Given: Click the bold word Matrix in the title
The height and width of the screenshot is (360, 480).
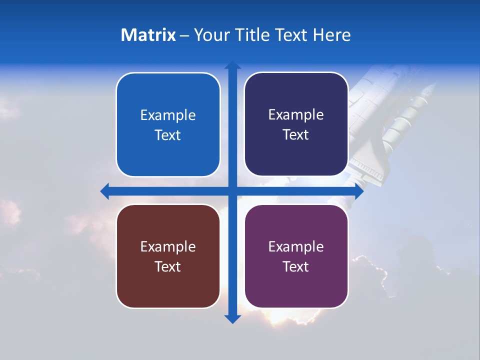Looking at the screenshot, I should pos(148,35).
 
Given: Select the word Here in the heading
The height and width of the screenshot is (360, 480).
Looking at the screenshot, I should pos(332,35).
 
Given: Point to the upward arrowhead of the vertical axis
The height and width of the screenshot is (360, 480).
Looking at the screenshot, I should pos(232,65).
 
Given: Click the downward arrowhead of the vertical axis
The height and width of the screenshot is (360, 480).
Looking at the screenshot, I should pos(232,318).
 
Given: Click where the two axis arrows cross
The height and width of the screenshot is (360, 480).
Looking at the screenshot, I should pos(232,191).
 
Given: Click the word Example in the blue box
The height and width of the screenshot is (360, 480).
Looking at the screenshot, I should pos(168,115).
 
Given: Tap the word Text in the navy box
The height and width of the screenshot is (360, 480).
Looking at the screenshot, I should pos(296,135).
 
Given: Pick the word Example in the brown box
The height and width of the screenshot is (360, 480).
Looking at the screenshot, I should pos(168,247).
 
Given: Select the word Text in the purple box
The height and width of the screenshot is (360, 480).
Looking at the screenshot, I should pos(296,267).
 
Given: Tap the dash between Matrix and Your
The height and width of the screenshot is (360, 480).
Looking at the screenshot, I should pos(184,35).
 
